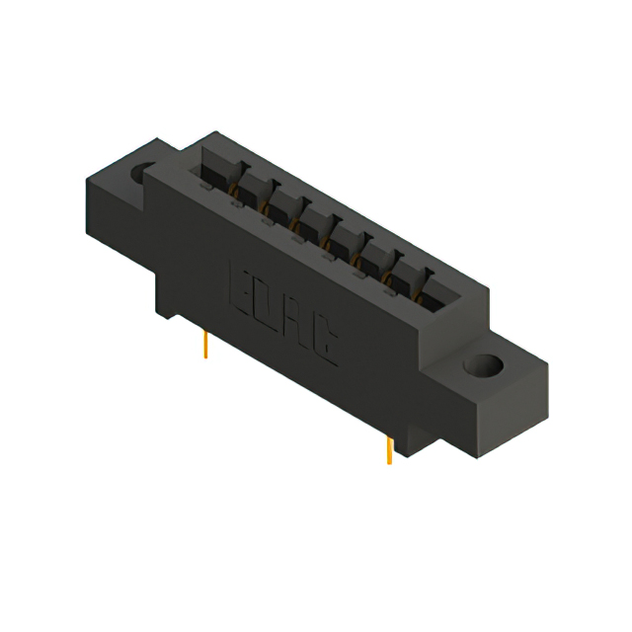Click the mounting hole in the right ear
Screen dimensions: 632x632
tap(486, 368)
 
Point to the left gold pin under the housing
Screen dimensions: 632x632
tap(205, 344)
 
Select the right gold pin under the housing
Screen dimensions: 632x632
tap(389, 449)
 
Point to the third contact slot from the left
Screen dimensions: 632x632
tap(281, 202)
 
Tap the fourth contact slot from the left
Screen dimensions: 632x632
tap(314, 220)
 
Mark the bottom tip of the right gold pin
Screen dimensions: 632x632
tap(390, 462)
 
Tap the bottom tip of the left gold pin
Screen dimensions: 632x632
tap(205, 356)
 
